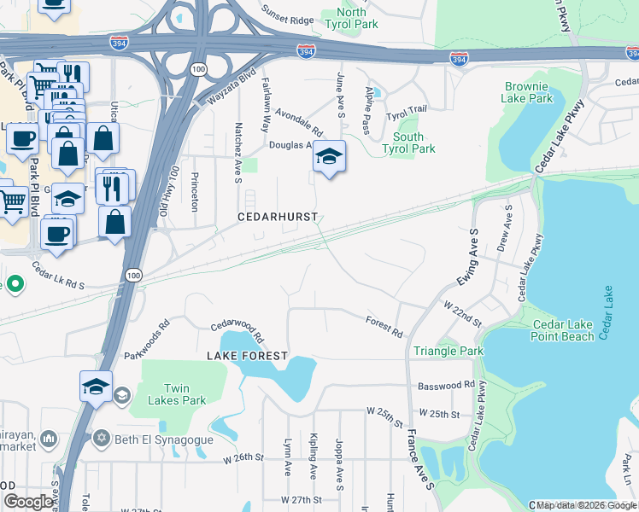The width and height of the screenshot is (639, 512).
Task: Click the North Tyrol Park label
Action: pyautogui.click(x=350, y=18)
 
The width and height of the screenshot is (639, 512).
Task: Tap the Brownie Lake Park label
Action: pyautogui.click(x=528, y=92)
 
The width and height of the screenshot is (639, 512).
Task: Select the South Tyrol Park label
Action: pyautogui.click(x=413, y=143)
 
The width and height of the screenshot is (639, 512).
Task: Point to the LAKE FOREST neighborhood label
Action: pyautogui.click(x=247, y=354)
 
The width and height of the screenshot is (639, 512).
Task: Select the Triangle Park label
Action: pyautogui.click(x=448, y=351)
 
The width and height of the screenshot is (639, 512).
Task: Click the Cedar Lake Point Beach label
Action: pyautogui.click(x=563, y=330)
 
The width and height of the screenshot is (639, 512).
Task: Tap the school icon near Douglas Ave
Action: pyautogui.click(x=329, y=156)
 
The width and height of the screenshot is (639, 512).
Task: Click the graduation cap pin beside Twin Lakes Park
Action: pyautogui.click(x=97, y=386)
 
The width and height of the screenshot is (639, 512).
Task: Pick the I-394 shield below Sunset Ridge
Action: pyautogui.click(x=305, y=51)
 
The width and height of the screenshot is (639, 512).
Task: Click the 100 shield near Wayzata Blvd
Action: pyautogui.click(x=198, y=68)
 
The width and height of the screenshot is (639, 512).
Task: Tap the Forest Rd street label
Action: pyautogui.click(x=384, y=327)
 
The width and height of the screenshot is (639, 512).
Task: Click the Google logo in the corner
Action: pyautogui.click(x=28, y=502)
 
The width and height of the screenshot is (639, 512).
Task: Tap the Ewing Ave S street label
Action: pyautogui.click(x=465, y=257)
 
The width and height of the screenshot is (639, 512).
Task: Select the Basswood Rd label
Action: pyautogui.click(x=446, y=385)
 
